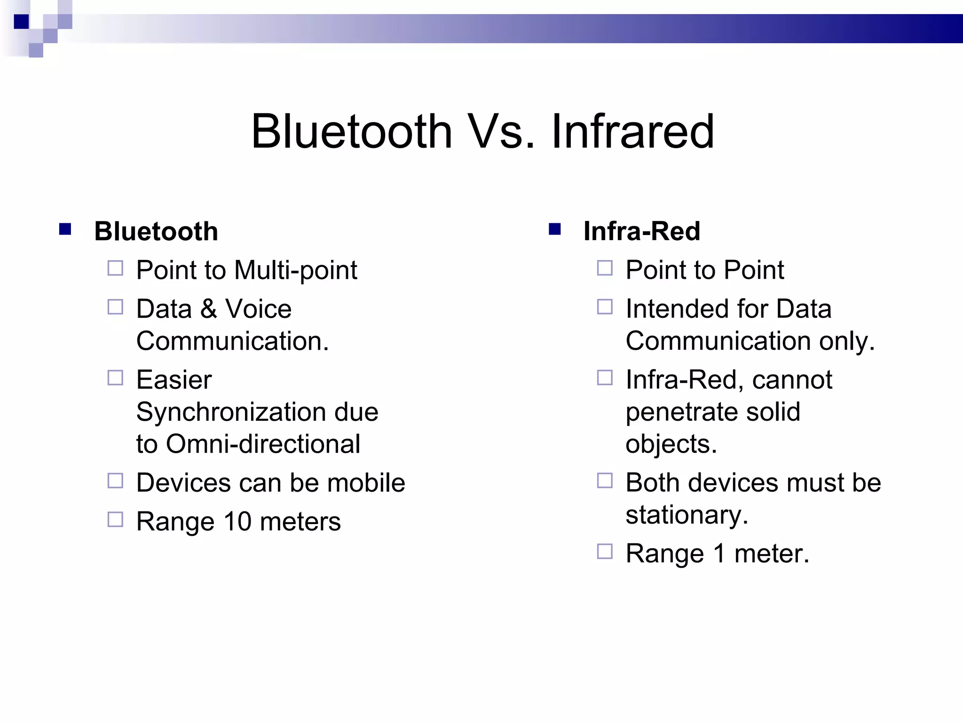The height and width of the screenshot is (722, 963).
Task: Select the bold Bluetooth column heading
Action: (x=156, y=231)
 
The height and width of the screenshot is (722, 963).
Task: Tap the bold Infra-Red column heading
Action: (x=642, y=231)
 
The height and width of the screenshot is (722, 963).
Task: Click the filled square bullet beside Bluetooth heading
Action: (x=65, y=229)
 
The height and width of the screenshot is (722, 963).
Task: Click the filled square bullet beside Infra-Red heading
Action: (x=555, y=229)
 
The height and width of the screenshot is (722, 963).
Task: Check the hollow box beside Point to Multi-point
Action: (x=115, y=268)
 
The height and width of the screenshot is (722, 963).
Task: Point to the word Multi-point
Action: (x=295, y=271)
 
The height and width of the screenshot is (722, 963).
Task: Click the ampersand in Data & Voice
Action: (x=208, y=309)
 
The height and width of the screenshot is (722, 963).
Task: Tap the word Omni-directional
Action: (x=263, y=444)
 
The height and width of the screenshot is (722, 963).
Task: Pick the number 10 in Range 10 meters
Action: (x=237, y=522)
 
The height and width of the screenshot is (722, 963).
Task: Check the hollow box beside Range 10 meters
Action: (x=115, y=519)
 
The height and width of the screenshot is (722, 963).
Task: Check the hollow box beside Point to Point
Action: (x=605, y=268)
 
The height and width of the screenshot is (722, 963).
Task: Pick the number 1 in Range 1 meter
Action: (x=719, y=554)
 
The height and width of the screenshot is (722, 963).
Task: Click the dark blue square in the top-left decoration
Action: (x=21, y=22)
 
